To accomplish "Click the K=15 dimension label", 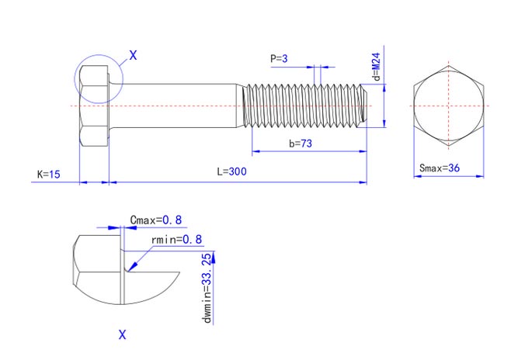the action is click(x=49, y=174).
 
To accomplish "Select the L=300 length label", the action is click(x=231, y=171).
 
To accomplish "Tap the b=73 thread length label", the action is click(x=301, y=144).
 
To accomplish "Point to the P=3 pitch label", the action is click(x=279, y=58).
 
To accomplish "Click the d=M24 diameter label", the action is click(x=377, y=67).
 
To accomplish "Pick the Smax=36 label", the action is click(x=440, y=168).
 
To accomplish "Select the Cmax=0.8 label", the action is click(x=156, y=220).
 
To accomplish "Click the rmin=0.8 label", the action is click(x=176, y=239).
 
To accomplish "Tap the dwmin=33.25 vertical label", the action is click(x=207, y=288).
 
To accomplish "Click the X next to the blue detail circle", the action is click(x=133, y=55).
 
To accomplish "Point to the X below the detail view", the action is click(x=122, y=335).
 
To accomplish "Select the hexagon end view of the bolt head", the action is click(x=449, y=106).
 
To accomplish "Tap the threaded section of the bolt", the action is click(x=305, y=106).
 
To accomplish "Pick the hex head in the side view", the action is click(x=94, y=106).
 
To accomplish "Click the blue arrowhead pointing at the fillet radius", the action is click(x=133, y=266).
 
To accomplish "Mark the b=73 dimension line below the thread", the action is click(x=309, y=151).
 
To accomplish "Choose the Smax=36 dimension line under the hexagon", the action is click(x=449, y=176).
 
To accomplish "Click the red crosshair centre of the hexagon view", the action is click(x=449, y=106).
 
